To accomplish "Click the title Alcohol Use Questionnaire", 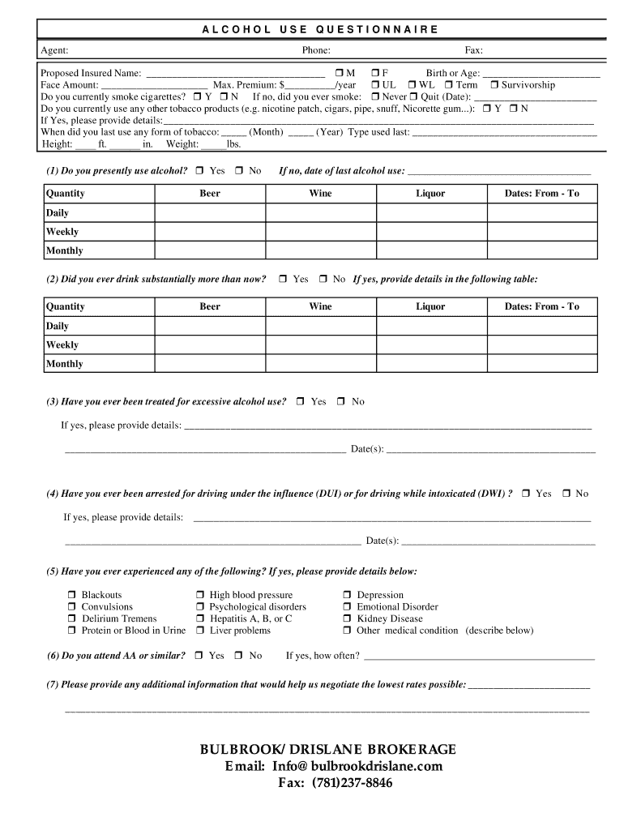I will tap(320, 30).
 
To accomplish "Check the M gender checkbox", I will tap(339, 74).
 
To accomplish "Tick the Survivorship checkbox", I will tap(494, 85).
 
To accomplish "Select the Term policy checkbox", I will tap(448, 85).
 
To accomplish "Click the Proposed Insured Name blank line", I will tap(234, 74).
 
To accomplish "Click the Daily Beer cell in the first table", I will tap(209, 213).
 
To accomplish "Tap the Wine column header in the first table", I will tap(320, 194).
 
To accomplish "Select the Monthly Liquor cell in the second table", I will tap(430, 364).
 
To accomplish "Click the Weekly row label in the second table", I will tap(62, 345).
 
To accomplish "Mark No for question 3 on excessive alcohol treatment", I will tap(341, 402).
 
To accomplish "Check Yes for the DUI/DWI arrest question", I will tap(527, 494).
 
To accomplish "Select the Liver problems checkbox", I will tap(200, 631).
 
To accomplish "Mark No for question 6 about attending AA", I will tap(239, 656).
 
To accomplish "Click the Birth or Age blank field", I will tap(541, 74).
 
